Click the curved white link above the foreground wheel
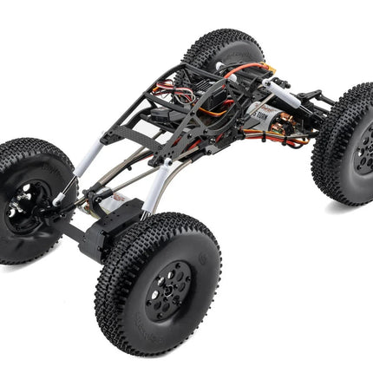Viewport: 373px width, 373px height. [155, 186]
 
